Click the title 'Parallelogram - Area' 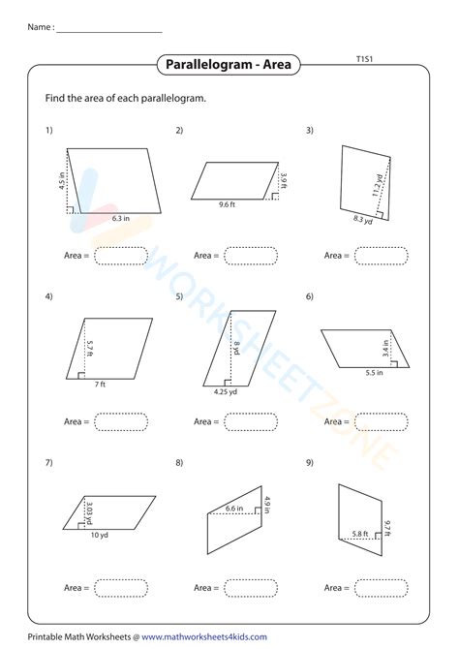click(229, 66)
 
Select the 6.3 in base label click(121, 220)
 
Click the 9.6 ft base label click(228, 205)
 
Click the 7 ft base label click(100, 386)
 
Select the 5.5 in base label click(375, 372)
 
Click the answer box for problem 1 click(121, 256)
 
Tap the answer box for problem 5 click(251, 421)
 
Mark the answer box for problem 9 click(381, 588)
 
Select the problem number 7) click(48, 463)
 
